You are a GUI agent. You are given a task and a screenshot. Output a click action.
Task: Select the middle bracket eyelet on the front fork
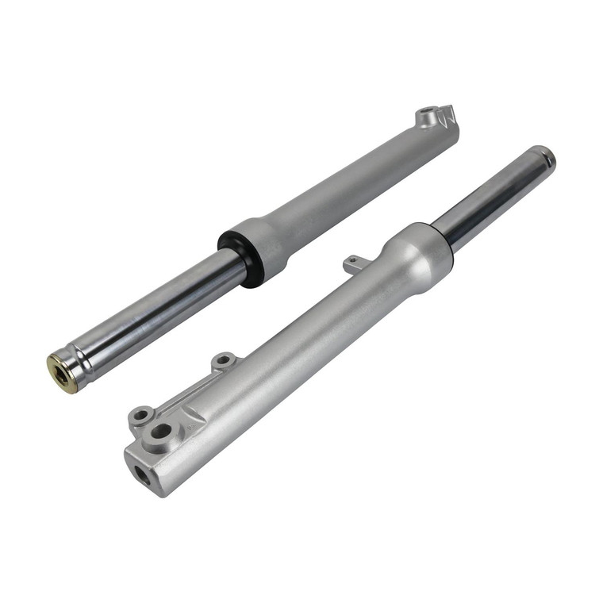(x=223, y=361)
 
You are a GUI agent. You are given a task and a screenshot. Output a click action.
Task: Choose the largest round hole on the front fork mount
(x=162, y=432)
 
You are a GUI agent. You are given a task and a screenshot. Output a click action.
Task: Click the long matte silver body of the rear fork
(x=357, y=182)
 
